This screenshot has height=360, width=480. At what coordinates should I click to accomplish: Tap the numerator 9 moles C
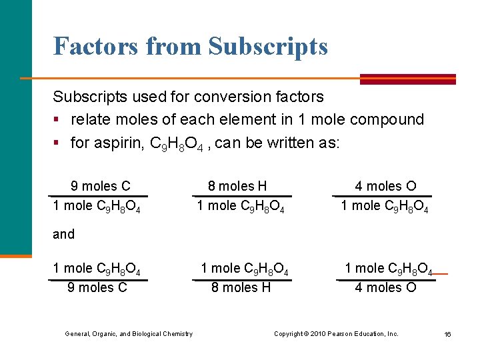pos(101,186)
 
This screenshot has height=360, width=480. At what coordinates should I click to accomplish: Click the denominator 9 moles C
pos(97,287)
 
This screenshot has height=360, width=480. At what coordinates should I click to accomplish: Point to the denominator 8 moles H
pos(241,287)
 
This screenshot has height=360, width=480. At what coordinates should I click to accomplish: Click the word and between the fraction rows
pos(64,234)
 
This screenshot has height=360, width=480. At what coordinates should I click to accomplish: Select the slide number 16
pos(447,334)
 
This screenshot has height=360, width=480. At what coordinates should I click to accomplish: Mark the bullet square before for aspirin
pos(57,143)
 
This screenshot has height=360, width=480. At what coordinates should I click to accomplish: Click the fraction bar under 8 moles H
pos(241,196)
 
